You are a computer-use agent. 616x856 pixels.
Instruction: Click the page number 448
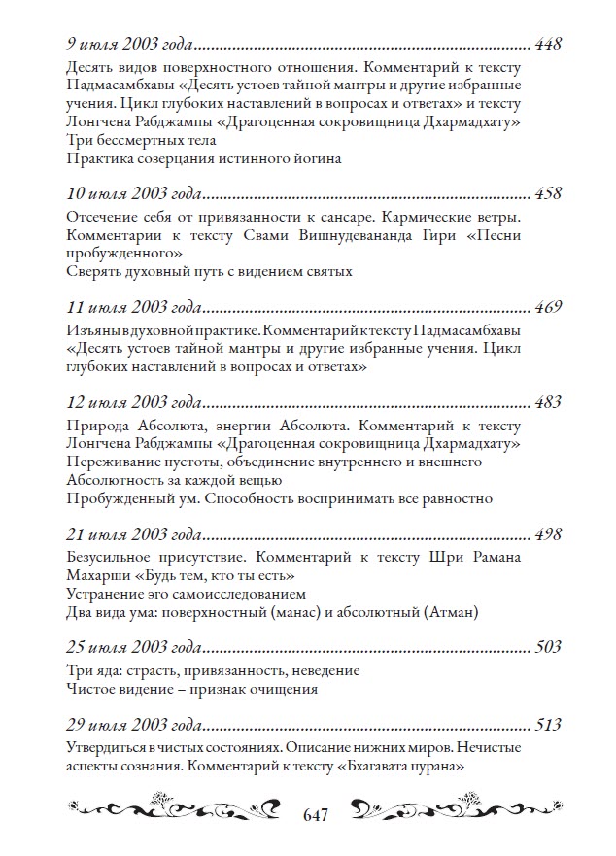[549, 45]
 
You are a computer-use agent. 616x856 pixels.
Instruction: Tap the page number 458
[549, 193]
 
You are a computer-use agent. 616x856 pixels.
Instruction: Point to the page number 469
[549, 308]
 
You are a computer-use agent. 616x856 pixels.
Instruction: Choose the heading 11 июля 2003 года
[134, 308]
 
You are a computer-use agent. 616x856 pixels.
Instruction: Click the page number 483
[549, 401]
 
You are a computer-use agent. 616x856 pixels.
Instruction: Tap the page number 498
[549, 534]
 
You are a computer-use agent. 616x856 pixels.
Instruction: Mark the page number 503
[549, 648]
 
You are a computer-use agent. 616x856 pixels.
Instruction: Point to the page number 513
[549, 725]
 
